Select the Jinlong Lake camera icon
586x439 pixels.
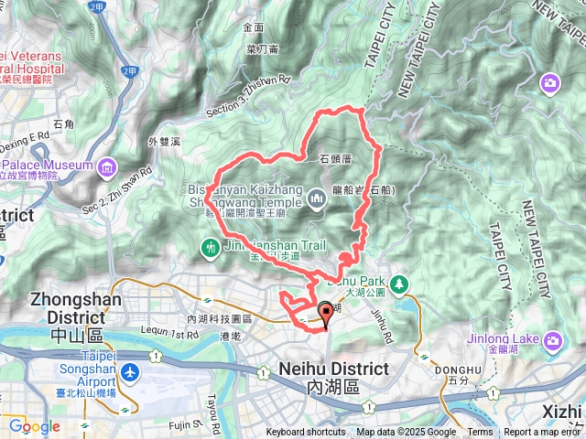(551, 341)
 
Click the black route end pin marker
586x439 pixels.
(326, 316)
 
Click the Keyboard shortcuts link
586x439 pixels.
(306, 433)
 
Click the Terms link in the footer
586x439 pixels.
(480, 433)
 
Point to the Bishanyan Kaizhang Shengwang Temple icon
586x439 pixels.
(317, 197)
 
